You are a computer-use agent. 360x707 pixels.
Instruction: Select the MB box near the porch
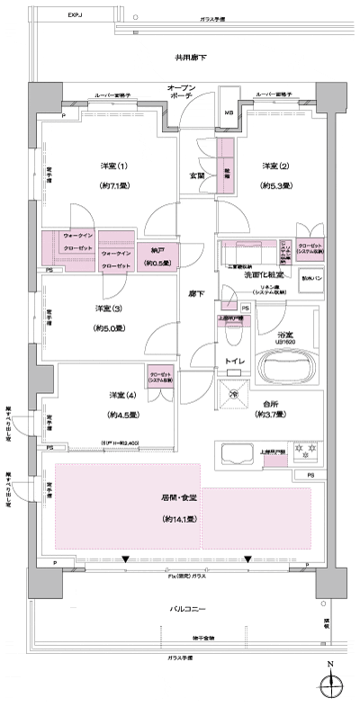tap(228, 112)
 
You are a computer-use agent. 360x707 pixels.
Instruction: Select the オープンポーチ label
tap(187, 92)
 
